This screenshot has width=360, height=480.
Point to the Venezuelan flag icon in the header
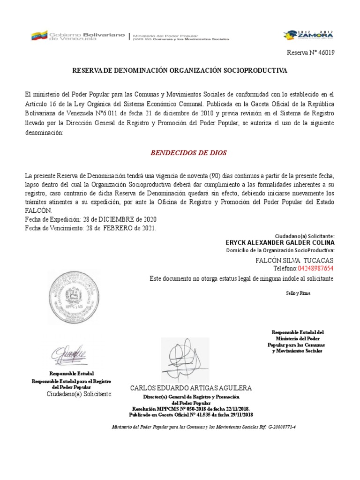pos(39,36)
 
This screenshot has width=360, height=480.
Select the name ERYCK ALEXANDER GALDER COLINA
pos(280,243)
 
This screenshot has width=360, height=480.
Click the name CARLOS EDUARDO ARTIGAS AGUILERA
pos(190,388)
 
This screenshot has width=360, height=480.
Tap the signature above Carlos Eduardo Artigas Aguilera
pos(186,360)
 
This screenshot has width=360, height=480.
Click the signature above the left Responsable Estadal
pos(69,354)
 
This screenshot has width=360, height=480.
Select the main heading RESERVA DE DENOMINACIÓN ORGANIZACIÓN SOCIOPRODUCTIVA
pos(180,70)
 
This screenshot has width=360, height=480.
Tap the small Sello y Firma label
pos(298,293)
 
